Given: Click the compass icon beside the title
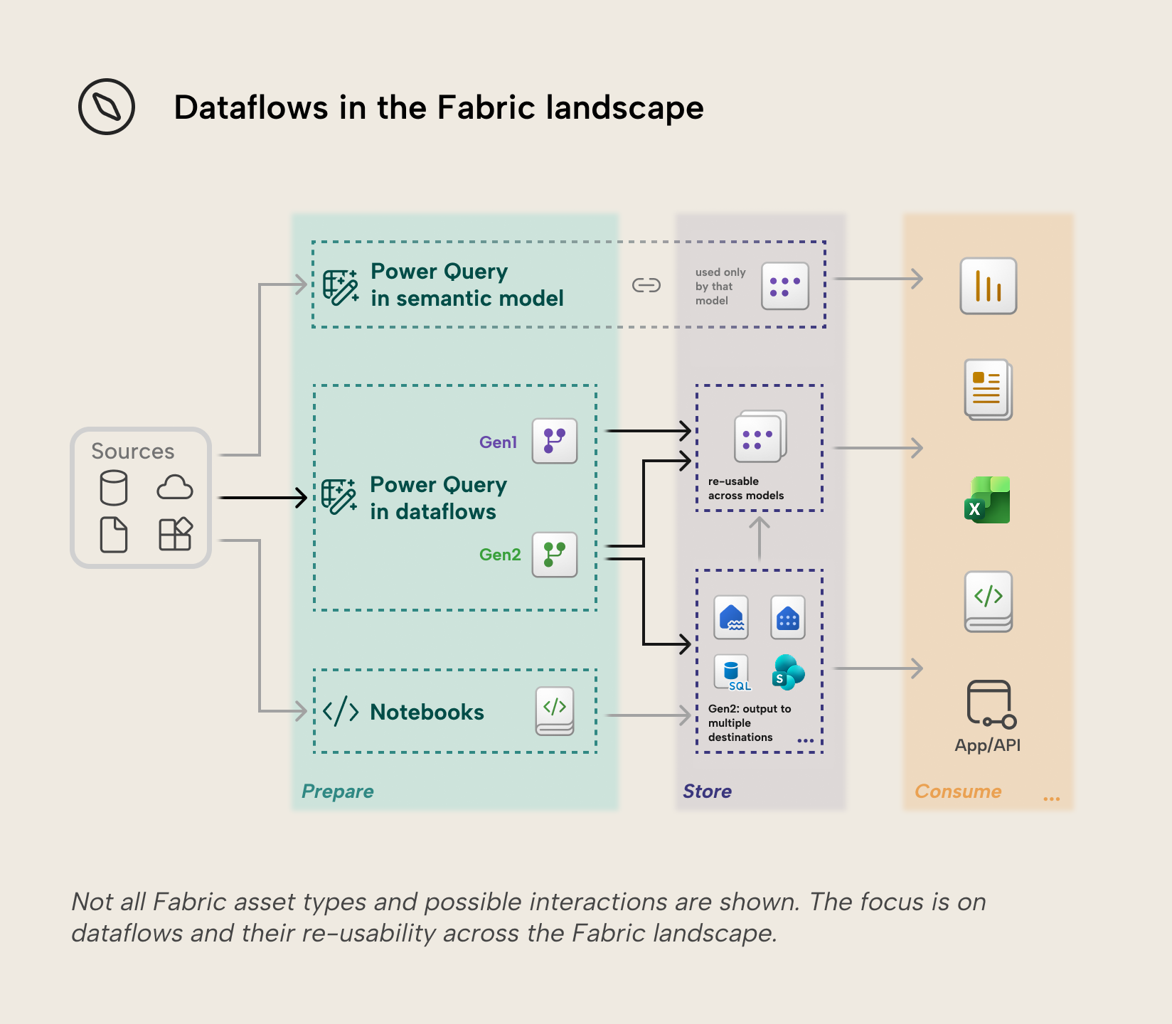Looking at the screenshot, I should [x=107, y=107].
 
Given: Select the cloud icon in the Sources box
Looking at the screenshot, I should [x=175, y=488].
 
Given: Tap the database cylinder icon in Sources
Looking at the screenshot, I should [x=114, y=488].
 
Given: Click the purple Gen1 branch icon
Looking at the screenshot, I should [x=555, y=441].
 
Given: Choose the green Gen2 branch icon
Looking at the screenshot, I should [x=555, y=555].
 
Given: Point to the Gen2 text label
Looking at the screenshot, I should [x=500, y=555].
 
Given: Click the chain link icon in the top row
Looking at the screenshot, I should [x=646, y=285].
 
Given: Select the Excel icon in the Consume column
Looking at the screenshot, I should [x=987, y=500].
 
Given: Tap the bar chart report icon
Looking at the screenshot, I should [x=989, y=286].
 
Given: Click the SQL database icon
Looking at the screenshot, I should [x=732, y=673].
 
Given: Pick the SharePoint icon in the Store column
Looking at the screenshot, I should [x=788, y=673].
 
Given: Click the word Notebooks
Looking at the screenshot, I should [x=427, y=712].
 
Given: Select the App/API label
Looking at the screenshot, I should [x=988, y=745].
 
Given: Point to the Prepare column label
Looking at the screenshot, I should [x=338, y=791].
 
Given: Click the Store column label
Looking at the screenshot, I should [x=707, y=791].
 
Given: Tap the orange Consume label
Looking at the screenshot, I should [x=958, y=791].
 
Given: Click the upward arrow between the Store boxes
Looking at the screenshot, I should [x=760, y=538].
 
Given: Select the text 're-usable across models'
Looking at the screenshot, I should [x=746, y=489].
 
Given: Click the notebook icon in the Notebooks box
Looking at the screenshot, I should [x=555, y=710].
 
